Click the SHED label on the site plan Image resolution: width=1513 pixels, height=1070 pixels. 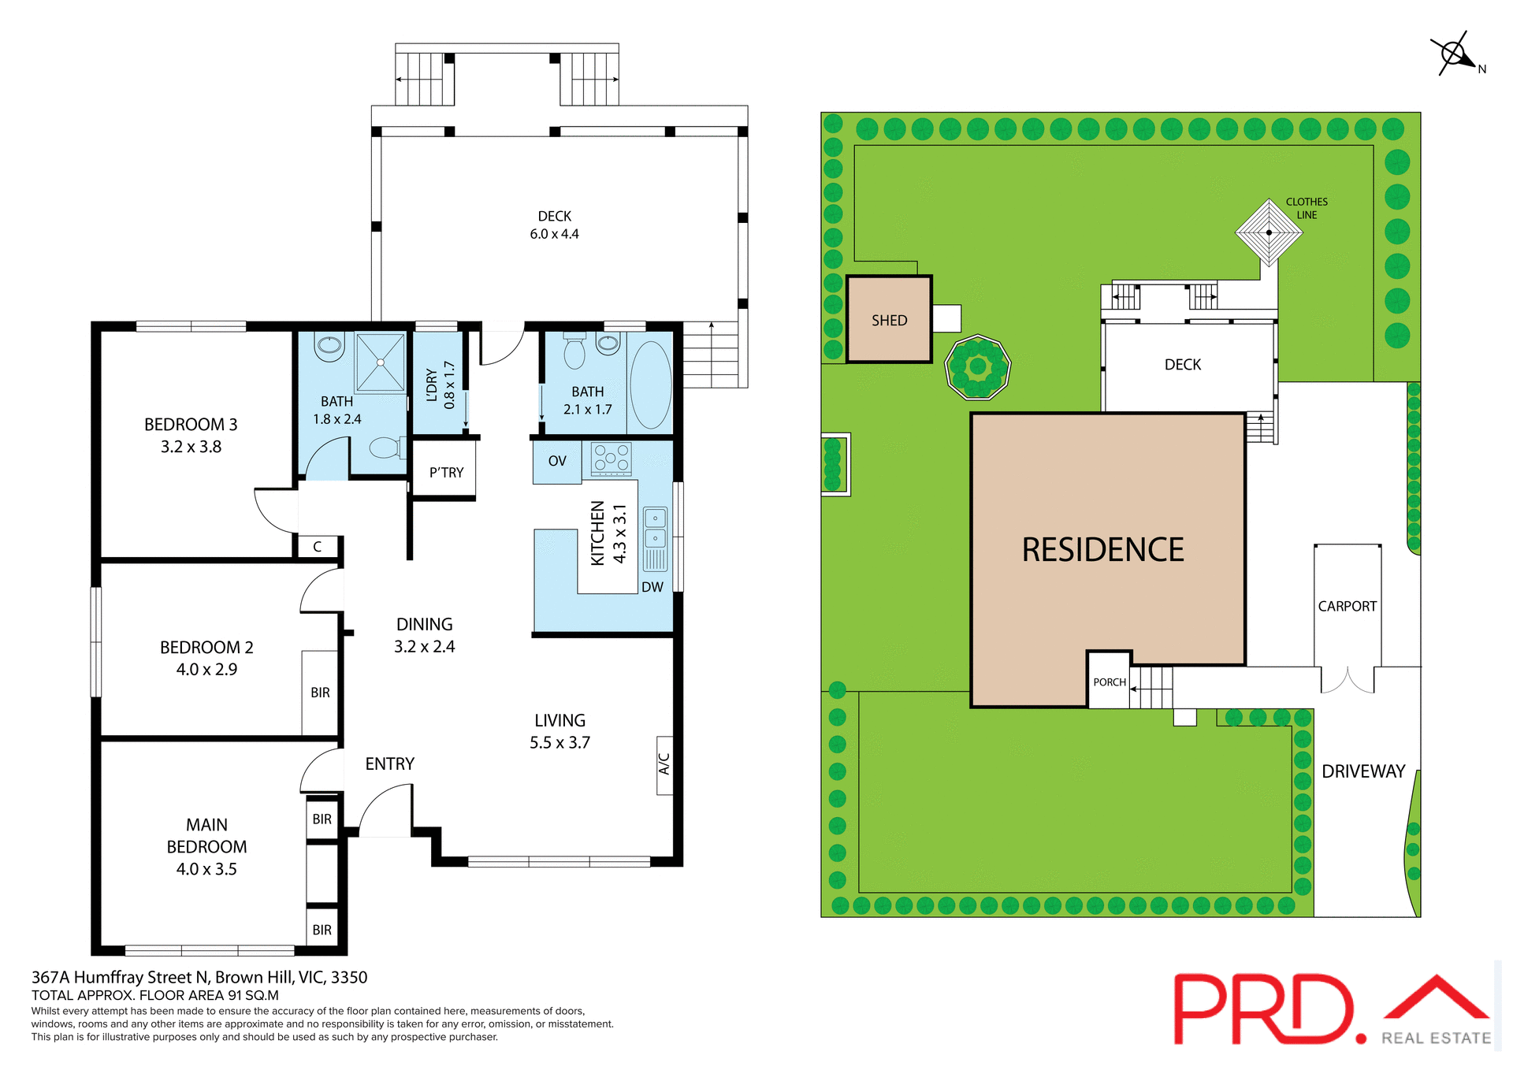click(x=889, y=321)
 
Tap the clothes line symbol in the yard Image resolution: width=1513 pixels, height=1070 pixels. click(x=1268, y=232)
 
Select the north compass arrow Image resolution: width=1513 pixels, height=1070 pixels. click(x=1455, y=54)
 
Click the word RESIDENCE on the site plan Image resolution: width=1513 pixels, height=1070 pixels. click(x=1102, y=550)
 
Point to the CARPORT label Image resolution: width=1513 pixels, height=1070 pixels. click(x=1347, y=606)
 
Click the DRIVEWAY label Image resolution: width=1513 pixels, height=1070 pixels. click(x=1363, y=771)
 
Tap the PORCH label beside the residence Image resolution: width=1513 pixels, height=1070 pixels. click(x=1109, y=682)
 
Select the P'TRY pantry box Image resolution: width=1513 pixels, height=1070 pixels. click(x=445, y=472)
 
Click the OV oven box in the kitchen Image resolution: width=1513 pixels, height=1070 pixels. click(x=557, y=461)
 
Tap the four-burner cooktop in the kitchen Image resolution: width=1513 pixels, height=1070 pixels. click(x=612, y=459)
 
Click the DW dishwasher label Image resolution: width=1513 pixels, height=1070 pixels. click(x=652, y=587)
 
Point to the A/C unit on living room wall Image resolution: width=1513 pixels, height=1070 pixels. click(x=664, y=764)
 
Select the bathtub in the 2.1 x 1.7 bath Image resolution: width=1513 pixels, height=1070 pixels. click(x=651, y=384)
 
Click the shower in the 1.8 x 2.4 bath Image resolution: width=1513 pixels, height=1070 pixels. click(x=380, y=362)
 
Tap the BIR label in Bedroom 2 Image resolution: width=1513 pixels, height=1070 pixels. click(x=320, y=693)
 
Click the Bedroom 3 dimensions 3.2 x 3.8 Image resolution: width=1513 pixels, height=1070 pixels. click(x=191, y=447)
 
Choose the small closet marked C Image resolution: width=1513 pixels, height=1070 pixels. click(x=318, y=546)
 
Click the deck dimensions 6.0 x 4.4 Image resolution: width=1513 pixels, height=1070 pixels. click(x=554, y=234)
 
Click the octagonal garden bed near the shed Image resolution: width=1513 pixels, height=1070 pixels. click(x=977, y=366)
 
